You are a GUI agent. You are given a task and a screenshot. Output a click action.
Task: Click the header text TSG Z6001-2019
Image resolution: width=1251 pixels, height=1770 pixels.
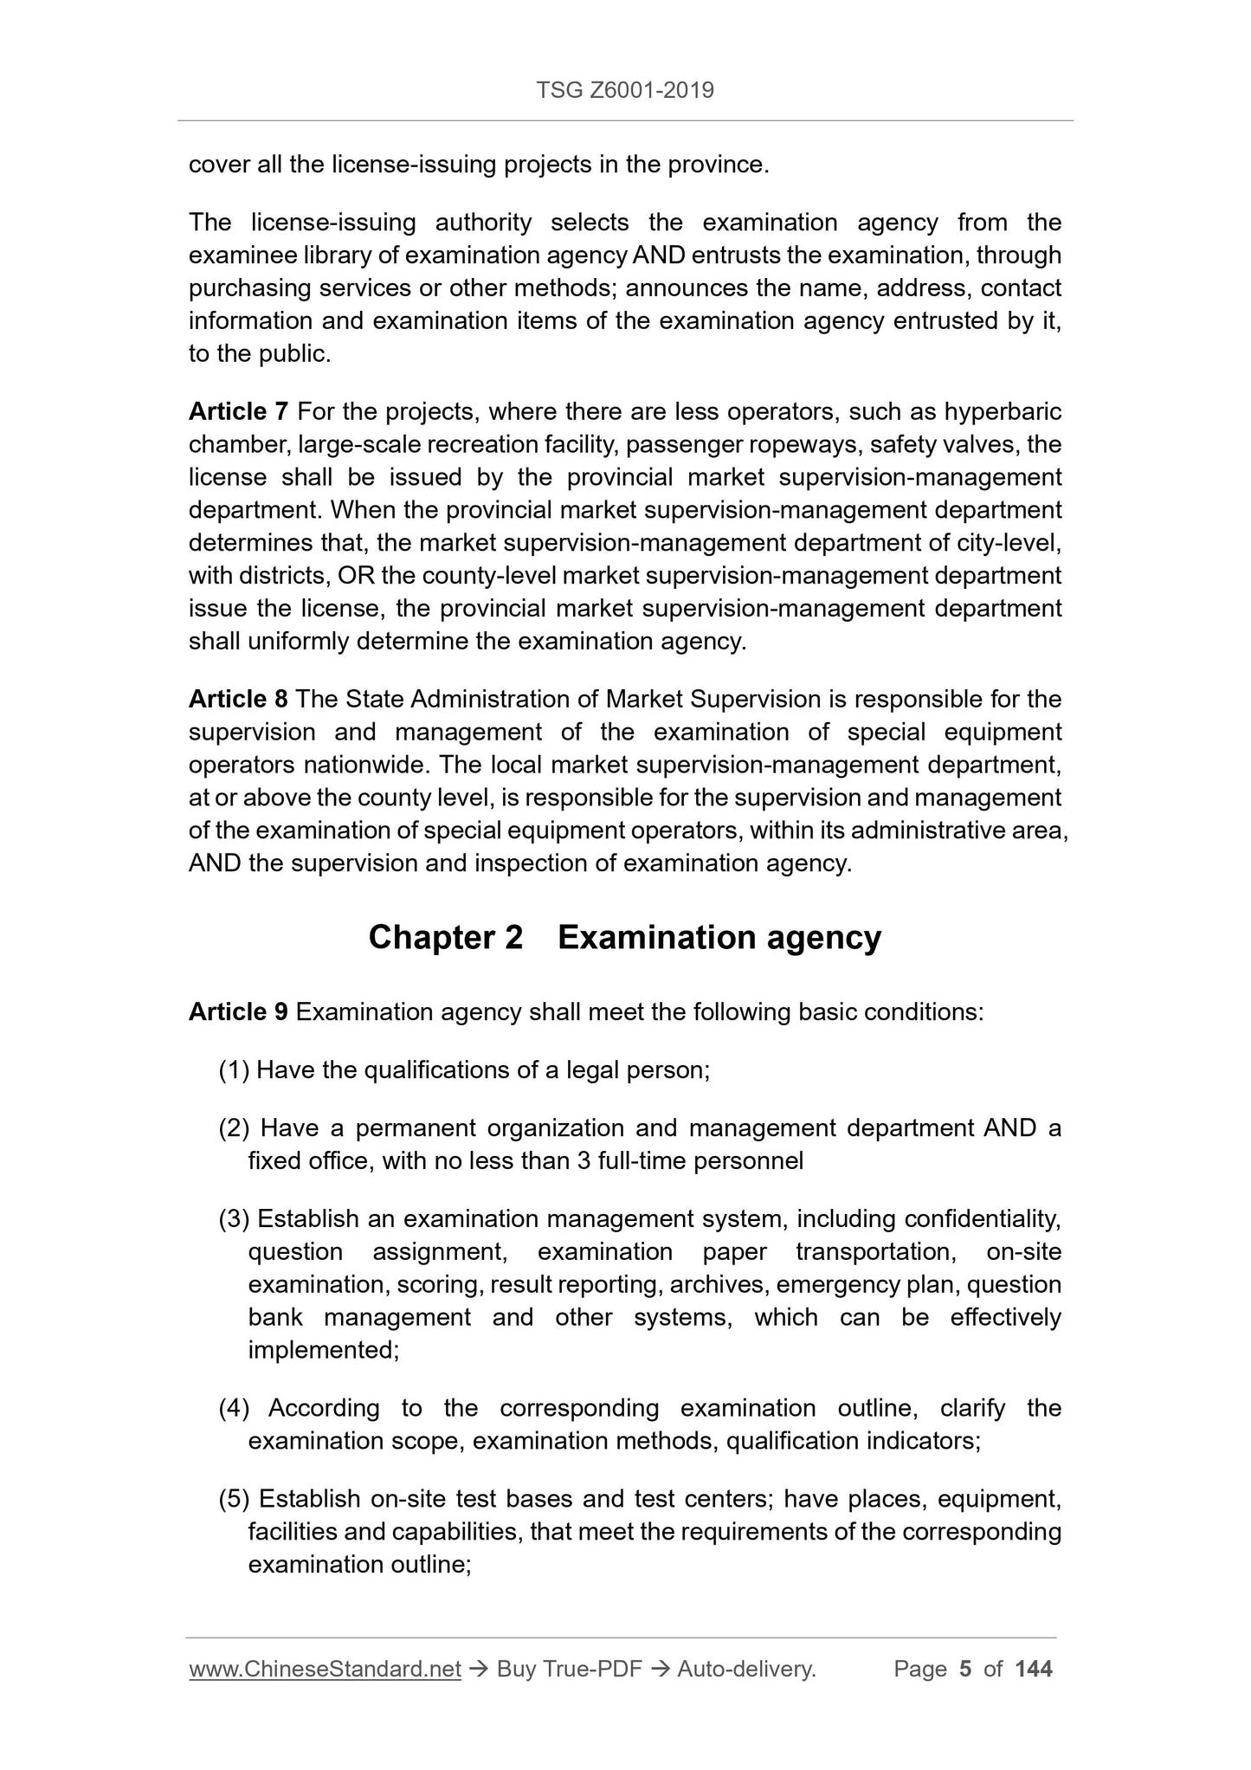point(625,90)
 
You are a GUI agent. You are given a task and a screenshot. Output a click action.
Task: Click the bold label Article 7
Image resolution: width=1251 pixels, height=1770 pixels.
point(238,411)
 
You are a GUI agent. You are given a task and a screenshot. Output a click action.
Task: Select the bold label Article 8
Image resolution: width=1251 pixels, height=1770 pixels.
point(238,699)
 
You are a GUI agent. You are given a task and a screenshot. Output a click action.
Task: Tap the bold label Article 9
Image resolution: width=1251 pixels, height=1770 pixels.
point(238,1011)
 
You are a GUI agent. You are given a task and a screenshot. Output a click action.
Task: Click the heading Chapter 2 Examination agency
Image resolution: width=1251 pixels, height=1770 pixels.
point(624,937)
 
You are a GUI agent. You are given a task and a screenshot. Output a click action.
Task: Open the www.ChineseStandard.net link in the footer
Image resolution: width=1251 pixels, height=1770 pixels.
point(325,1669)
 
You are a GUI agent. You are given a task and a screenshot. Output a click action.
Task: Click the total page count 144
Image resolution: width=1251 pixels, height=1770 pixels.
point(1033,1669)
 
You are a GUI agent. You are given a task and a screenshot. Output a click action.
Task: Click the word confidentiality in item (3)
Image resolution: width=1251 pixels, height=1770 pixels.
point(981,1218)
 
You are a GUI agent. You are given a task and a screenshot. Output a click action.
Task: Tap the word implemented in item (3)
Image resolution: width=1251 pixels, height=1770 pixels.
point(322,1350)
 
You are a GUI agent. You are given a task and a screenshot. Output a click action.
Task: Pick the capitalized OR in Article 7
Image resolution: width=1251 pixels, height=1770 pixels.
point(356,576)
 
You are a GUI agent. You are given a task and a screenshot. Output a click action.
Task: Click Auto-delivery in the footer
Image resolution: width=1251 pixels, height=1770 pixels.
point(746,1669)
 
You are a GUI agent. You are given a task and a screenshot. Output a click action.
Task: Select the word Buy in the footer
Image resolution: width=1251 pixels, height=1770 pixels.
point(516,1669)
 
